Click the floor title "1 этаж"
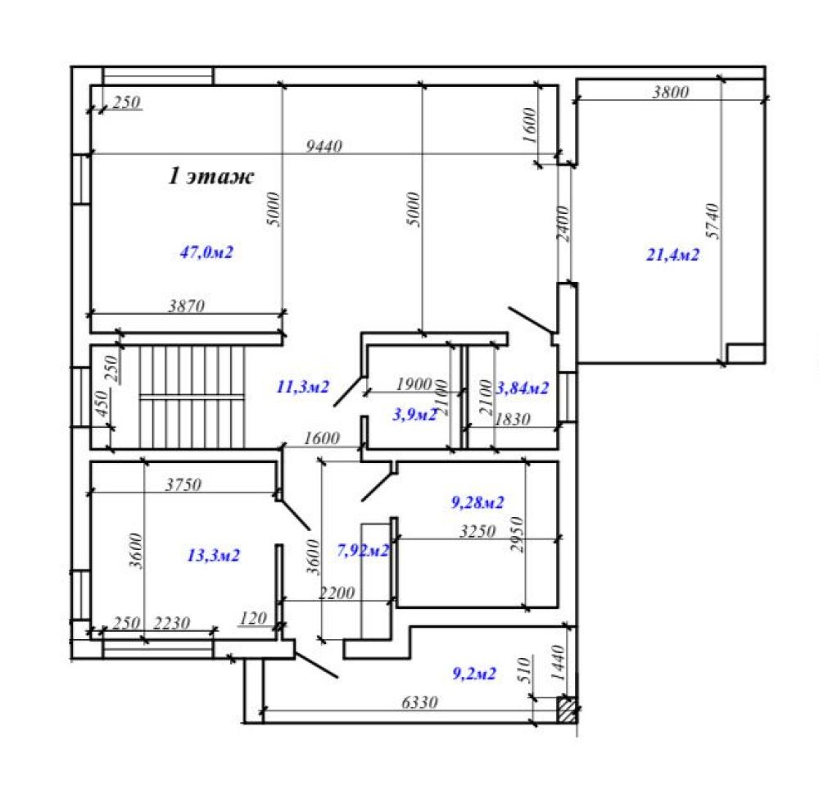211,175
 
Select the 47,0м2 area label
206,252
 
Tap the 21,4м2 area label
672,255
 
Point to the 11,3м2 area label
303,387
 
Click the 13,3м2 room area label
214,555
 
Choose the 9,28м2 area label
477,502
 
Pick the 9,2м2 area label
474,674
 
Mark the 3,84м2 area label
523,388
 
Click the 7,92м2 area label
363,550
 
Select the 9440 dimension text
324,147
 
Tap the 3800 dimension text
671,92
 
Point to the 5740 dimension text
712,221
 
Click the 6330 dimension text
419,702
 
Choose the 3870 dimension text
186,306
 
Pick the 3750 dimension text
183,484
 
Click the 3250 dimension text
477,532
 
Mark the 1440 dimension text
558,663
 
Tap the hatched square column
568,710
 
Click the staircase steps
192,397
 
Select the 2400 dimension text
563,224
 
